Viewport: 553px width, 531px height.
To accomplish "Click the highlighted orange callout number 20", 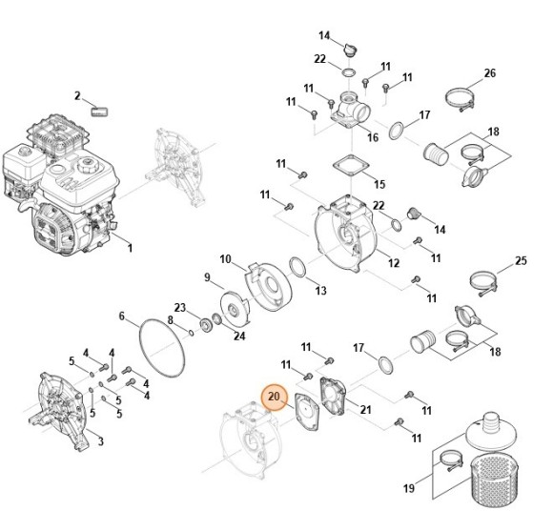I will [274, 396].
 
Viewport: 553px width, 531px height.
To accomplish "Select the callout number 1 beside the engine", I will [130, 250].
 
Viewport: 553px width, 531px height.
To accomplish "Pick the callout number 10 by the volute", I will [225, 258].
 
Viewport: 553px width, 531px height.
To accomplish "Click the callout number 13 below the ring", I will [320, 290].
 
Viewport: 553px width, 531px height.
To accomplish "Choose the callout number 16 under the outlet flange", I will [373, 138].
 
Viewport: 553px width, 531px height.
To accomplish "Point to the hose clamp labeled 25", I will [485, 280].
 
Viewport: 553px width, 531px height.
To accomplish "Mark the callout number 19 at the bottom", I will [408, 489].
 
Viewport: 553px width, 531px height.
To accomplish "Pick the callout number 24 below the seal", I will [239, 336].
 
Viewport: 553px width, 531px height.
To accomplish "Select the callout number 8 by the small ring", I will [171, 319].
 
